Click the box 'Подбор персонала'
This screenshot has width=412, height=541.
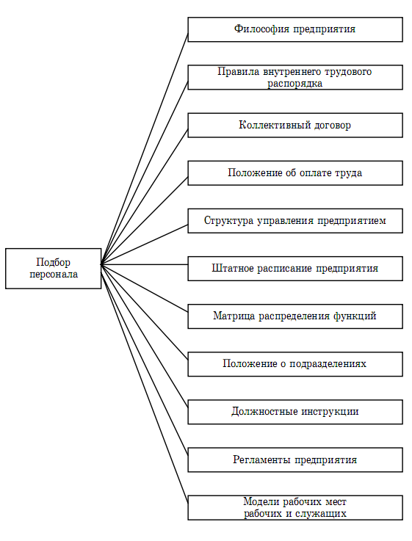[53, 269]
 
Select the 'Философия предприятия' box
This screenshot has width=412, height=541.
[295, 29]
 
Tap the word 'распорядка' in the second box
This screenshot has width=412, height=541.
[295, 84]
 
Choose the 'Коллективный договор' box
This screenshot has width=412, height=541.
[295, 126]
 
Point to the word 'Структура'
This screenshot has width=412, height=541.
[229, 220]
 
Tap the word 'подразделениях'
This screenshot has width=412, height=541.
[328, 363]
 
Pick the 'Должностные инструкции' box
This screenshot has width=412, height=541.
[295, 412]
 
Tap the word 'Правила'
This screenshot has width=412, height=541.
[239, 72]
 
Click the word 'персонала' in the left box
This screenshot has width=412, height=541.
[54, 275]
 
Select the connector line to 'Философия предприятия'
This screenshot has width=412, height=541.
[144, 149]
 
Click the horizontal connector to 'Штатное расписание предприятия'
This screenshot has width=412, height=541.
[144, 265]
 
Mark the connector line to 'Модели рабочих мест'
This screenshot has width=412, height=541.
[144, 381]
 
